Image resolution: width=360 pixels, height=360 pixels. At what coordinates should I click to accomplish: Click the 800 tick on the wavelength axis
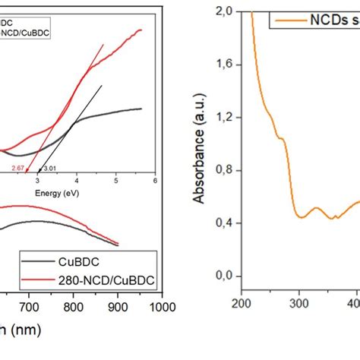tap(73, 308)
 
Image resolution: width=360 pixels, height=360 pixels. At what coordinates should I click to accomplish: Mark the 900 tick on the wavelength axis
tap(117, 308)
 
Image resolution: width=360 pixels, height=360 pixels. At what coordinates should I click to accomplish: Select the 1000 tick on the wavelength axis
tap(159, 308)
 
